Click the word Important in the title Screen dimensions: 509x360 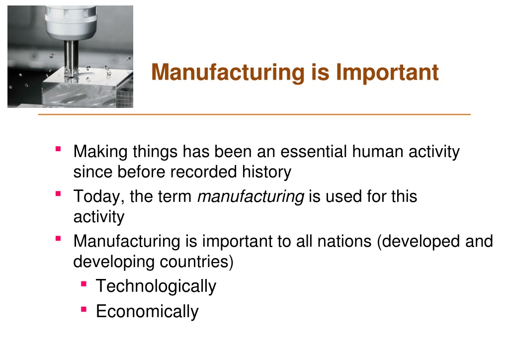(387, 72)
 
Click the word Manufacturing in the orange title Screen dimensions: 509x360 (228, 72)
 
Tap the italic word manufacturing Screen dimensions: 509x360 (251, 196)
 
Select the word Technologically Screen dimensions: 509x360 (156, 286)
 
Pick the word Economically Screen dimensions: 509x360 (147, 312)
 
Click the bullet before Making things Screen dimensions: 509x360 (59, 149)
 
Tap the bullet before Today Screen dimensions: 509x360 (59, 194)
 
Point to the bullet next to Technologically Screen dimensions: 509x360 (84, 284)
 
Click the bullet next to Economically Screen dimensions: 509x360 (84, 309)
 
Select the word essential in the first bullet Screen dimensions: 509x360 (314, 152)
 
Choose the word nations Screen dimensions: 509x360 (344, 241)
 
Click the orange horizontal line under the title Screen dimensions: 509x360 (254, 114)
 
